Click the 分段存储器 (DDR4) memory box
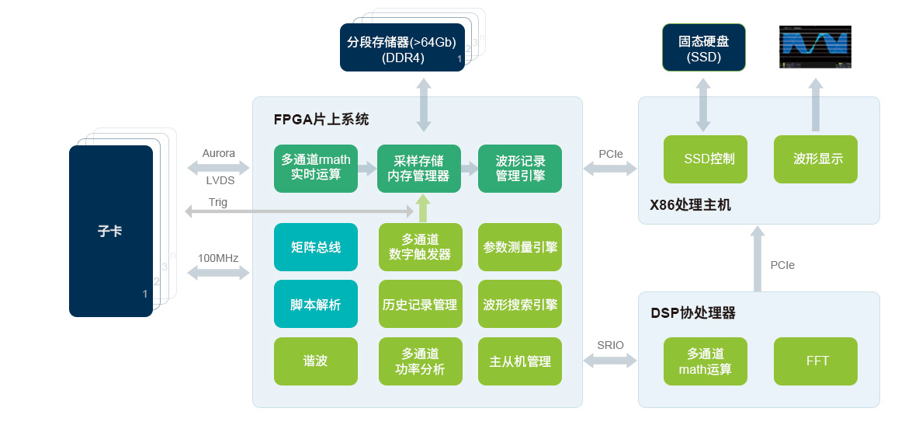click(402, 48)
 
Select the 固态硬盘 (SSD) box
click(703, 48)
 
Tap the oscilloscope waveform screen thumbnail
click(815, 47)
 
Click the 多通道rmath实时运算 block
click(315, 168)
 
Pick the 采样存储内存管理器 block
click(418, 168)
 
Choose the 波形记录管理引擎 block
click(520, 168)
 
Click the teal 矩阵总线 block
click(315, 247)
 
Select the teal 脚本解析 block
click(315, 304)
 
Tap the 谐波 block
click(315, 361)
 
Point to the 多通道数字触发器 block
click(420, 247)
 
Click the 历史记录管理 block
click(420, 304)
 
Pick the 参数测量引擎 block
click(520, 247)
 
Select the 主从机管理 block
click(520, 361)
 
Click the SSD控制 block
click(705, 159)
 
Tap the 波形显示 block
click(815, 159)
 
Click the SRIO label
click(610, 345)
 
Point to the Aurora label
click(218, 153)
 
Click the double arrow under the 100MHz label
click(218, 273)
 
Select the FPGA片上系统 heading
click(321, 120)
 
